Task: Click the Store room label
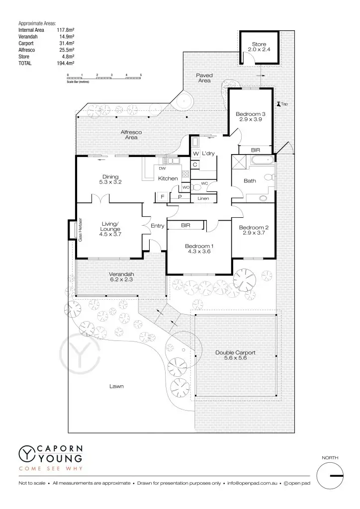tap(259, 47)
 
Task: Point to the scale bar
tap(104, 78)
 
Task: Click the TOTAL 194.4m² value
tap(65, 64)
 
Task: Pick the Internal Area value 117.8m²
tap(65, 30)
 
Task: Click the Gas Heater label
tap(80, 230)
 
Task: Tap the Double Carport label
tap(235, 355)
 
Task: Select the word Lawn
tap(117, 386)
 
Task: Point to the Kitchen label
tap(168, 178)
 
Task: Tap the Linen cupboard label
tap(203, 199)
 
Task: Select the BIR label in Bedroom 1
tap(186, 225)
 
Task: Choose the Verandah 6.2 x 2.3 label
tap(122, 276)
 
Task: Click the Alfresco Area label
tap(131, 134)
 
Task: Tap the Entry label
tap(158, 226)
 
